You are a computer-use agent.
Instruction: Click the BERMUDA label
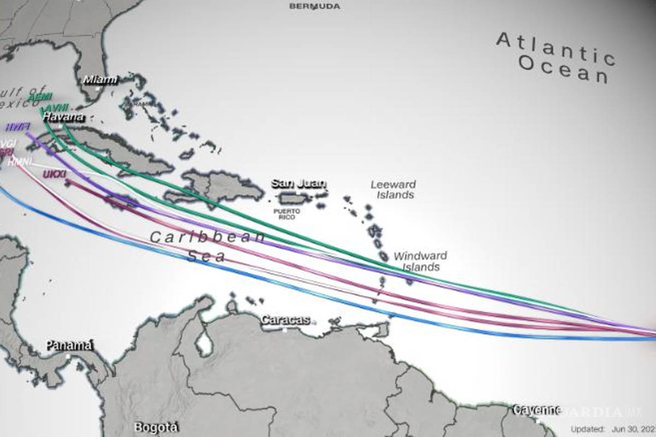coord(314,6)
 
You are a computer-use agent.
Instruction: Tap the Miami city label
coord(100,80)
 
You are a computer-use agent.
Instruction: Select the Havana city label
coord(63,117)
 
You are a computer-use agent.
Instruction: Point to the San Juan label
coord(298,184)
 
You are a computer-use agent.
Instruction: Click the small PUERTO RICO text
coord(287,214)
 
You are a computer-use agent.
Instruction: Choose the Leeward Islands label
coord(393,190)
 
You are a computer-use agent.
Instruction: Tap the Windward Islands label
coord(420,261)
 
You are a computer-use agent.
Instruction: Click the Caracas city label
coord(285,320)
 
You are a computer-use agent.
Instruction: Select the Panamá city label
coord(69,345)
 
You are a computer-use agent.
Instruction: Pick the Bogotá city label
coord(156,427)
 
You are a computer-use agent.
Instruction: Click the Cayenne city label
coord(536,410)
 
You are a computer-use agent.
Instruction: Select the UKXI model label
coord(55,174)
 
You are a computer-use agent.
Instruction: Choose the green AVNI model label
coord(57,108)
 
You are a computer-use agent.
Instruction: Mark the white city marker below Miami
coord(98,88)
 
